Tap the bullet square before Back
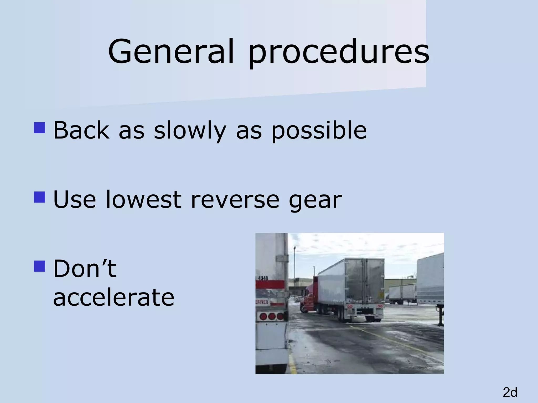point(39,128)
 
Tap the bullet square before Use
point(39,197)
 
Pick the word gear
point(315,201)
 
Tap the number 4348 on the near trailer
point(263,278)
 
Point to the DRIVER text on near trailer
point(262,302)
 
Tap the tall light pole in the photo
point(294,268)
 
